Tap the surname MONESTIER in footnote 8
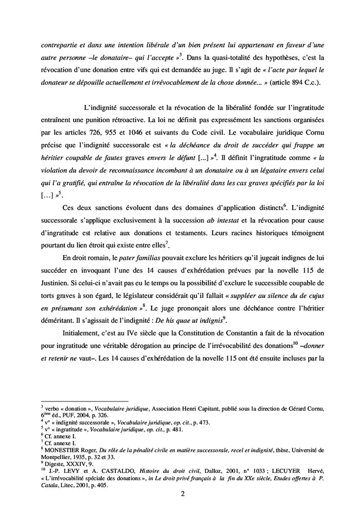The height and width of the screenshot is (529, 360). pyautogui.click(x=61, y=449)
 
